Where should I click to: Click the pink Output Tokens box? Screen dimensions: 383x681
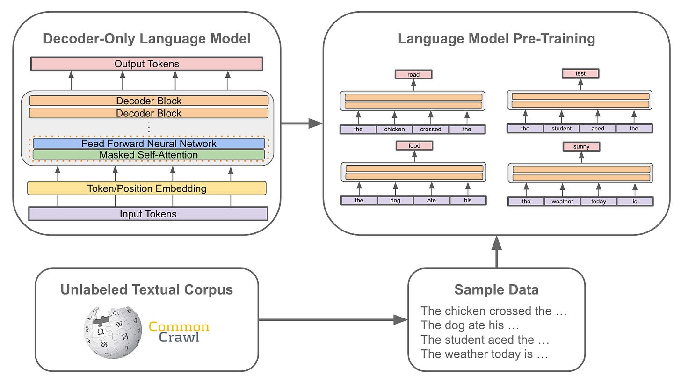(x=146, y=64)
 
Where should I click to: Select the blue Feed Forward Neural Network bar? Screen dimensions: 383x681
(x=149, y=144)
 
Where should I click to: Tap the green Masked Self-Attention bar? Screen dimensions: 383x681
(x=149, y=154)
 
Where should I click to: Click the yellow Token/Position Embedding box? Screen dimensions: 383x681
(x=146, y=188)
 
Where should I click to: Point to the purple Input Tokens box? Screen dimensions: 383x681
(x=148, y=214)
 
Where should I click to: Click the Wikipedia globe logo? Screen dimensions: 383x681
(x=113, y=332)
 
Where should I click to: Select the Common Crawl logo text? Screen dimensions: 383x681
(x=179, y=332)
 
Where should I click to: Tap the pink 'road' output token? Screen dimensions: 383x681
(x=413, y=74)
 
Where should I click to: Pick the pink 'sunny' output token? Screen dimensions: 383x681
(x=581, y=147)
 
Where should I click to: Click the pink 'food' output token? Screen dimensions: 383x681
(x=414, y=146)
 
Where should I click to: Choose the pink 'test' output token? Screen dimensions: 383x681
(x=580, y=73)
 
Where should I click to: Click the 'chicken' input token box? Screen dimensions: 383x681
(x=394, y=129)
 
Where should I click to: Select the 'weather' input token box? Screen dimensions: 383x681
(x=562, y=202)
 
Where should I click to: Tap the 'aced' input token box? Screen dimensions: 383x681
(x=597, y=129)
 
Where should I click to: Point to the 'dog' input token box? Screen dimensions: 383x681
(x=395, y=201)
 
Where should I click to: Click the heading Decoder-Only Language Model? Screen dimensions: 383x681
(x=146, y=38)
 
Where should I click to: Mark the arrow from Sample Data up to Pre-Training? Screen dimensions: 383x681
(x=496, y=253)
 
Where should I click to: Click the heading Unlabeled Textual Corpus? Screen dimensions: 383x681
(x=146, y=289)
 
